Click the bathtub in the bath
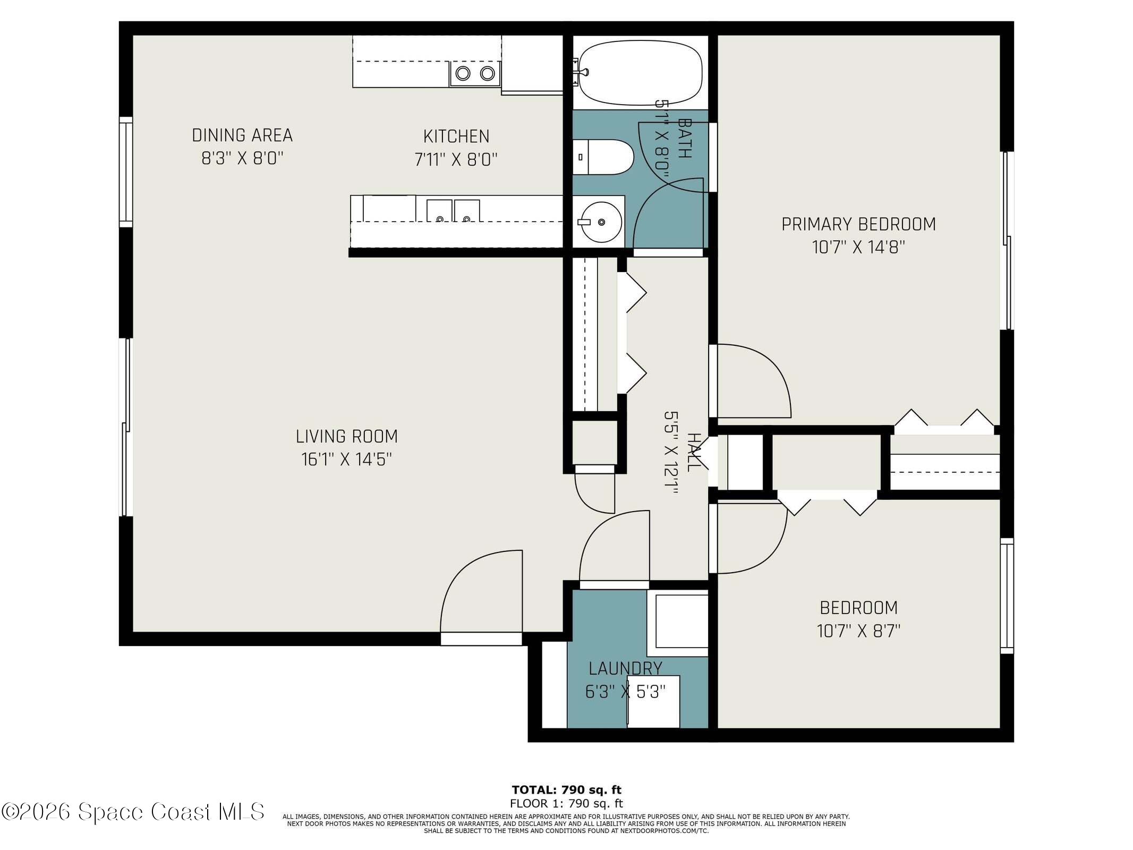(640, 73)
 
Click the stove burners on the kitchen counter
(475, 73)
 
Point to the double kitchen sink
(453, 210)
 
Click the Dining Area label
(242, 135)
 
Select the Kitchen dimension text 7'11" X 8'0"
(456, 159)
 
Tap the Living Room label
(346, 436)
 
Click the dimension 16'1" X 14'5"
(346, 459)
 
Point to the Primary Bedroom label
(858, 224)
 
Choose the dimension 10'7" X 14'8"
(858, 247)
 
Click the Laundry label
(625, 668)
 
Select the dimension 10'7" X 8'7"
(858, 631)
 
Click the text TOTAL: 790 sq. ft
(566, 790)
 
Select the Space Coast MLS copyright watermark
(133, 811)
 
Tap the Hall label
(693, 452)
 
